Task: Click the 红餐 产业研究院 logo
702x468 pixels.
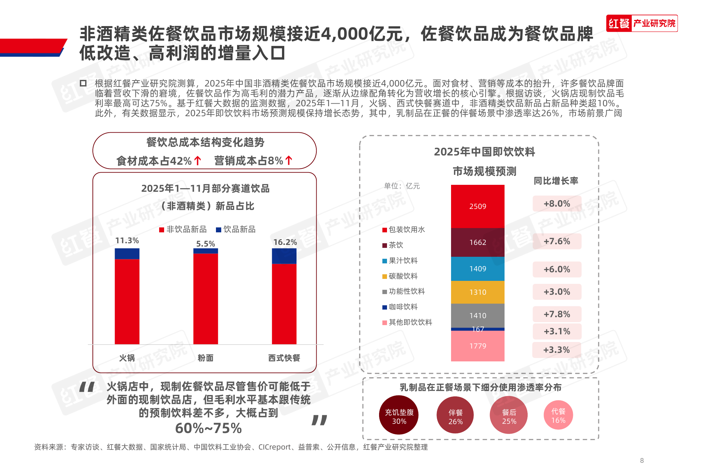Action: (642, 23)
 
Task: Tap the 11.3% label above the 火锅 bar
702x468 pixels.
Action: (127, 241)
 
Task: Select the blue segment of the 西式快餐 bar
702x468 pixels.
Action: (284, 256)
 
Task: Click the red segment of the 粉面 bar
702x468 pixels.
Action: (205, 299)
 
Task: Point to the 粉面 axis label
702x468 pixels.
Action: (205, 358)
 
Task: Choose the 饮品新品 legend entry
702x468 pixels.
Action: (236, 229)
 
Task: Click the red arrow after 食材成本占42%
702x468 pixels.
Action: (198, 161)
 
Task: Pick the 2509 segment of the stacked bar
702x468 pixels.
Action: (477, 206)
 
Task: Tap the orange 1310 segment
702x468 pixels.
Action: (477, 292)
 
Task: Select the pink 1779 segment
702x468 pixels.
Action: (477, 346)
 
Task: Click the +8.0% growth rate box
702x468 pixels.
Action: (557, 204)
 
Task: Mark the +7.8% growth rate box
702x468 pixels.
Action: (557, 314)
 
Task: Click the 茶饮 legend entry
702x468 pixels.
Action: (393, 245)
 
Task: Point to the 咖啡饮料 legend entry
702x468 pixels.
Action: (400, 307)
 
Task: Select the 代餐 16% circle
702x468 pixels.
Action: (558, 415)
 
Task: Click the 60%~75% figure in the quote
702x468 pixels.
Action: (208, 428)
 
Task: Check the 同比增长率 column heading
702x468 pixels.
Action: (556, 181)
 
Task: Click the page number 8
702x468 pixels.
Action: (642, 460)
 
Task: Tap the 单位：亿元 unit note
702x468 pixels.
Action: (402, 186)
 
